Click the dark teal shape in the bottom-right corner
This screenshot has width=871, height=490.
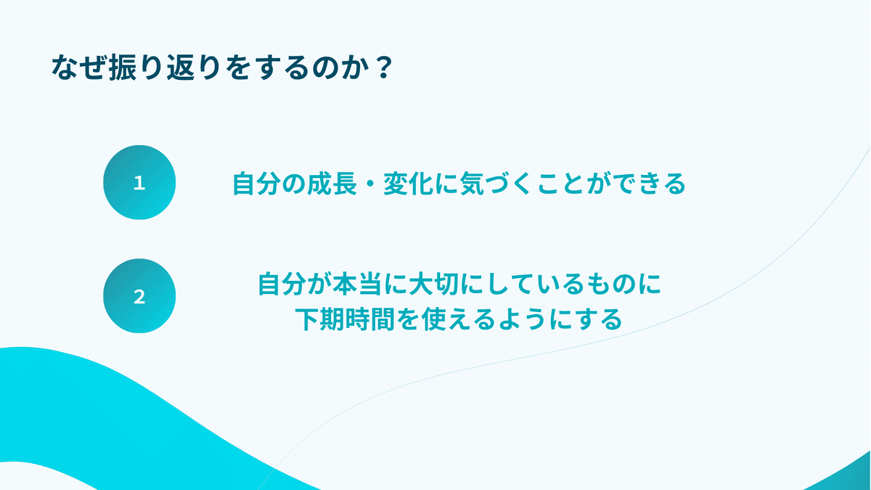point(849,475)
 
